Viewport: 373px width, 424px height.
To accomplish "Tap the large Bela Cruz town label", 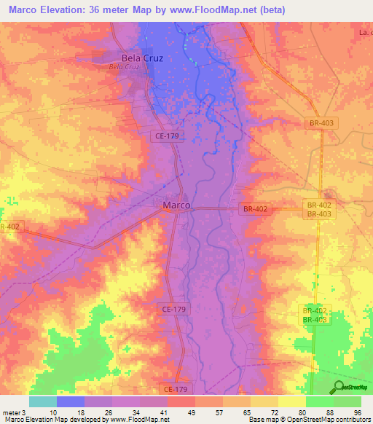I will (x=142, y=58).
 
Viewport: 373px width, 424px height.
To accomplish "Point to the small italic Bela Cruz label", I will (x=123, y=67).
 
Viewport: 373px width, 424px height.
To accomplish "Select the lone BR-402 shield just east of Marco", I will (x=256, y=209).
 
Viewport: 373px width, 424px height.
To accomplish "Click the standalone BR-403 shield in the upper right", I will (x=321, y=124).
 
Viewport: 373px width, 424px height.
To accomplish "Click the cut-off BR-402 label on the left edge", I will (x=9, y=227).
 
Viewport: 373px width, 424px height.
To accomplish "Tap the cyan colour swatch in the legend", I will (x=43, y=401).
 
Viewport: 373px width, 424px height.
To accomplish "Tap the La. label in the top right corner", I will (x=366, y=33).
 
